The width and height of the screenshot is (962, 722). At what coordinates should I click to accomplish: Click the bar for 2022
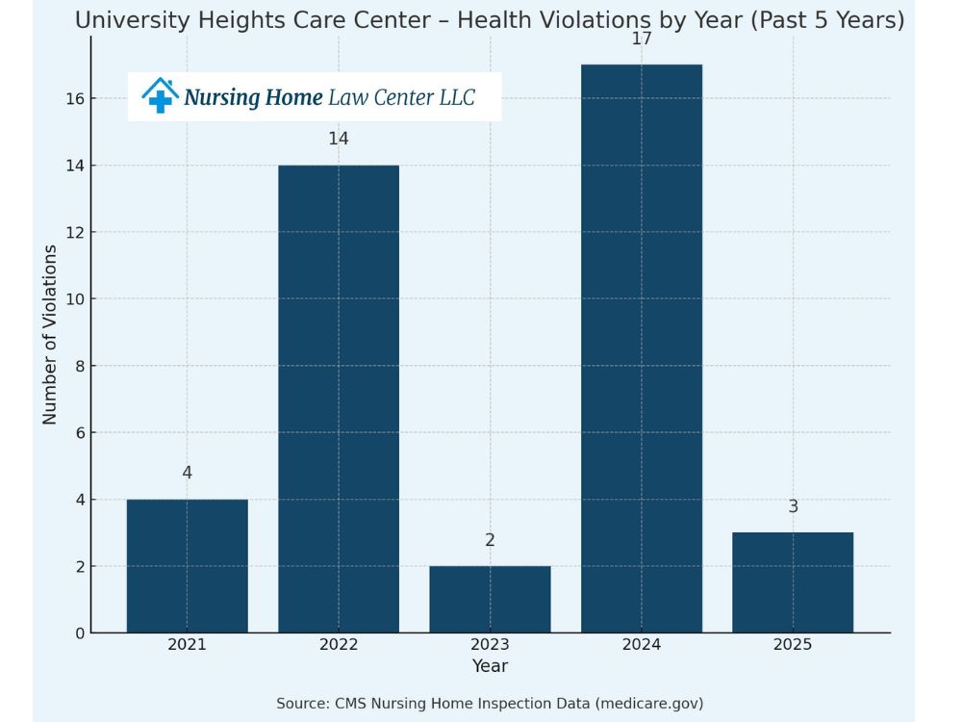click(x=339, y=399)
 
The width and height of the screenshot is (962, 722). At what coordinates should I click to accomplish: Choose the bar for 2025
click(x=793, y=582)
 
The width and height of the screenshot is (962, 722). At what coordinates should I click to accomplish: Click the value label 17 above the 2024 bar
click(x=642, y=39)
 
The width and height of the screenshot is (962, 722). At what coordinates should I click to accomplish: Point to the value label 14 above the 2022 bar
click(x=339, y=139)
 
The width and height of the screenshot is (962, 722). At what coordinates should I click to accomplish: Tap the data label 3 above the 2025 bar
click(x=793, y=506)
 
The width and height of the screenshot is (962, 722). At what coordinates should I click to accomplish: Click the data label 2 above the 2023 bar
click(x=490, y=540)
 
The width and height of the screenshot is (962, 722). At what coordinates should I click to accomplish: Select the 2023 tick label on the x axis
click(x=490, y=645)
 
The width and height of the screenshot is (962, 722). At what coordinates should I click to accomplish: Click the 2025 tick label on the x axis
click(x=793, y=645)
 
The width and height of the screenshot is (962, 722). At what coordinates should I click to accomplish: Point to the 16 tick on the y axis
click(x=74, y=99)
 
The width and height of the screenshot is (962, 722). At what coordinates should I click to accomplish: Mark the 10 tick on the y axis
click(x=74, y=299)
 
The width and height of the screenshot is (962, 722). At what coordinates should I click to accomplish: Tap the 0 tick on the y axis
click(x=78, y=633)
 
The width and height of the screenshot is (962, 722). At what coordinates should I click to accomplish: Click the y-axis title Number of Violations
click(x=50, y=334)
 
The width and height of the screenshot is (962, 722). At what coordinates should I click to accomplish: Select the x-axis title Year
click(x=490, y=666)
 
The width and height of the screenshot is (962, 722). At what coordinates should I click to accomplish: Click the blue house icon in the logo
click(x=160, y=95)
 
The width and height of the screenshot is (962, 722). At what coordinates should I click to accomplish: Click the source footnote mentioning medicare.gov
click(x=490, y=704)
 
